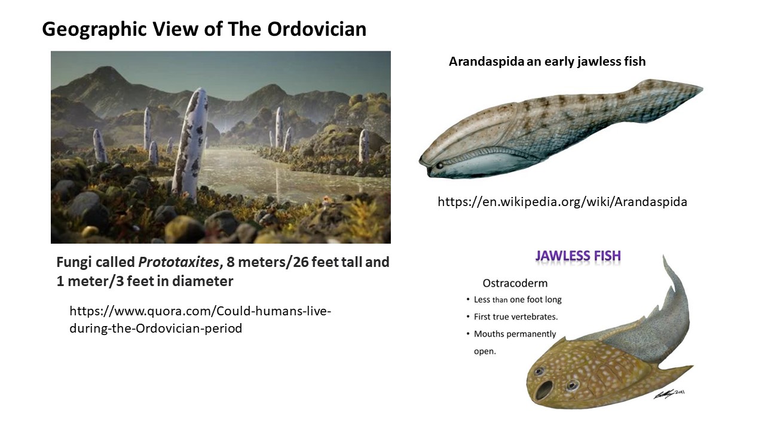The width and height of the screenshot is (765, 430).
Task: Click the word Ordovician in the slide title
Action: (x=317, y=29)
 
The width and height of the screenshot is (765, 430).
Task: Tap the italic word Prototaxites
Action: (x=178, y=262)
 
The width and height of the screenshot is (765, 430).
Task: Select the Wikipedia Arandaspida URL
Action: (x=562, y=202)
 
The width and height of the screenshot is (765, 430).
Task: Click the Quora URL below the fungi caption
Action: (x=200, y=320)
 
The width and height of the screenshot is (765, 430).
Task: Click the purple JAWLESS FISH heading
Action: (x=578, y=256)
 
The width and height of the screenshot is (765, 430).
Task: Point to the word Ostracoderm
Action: (x=515, y=283)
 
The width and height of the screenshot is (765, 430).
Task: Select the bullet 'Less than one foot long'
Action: (x=518, y=300)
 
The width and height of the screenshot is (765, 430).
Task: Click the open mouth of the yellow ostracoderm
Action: (x=544, y=390)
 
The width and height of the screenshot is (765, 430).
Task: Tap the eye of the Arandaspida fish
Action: (x=440, y=165)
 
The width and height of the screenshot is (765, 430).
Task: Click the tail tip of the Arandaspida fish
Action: (x=702, y=90)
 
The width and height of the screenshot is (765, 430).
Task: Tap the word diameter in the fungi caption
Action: (x=203, y=281)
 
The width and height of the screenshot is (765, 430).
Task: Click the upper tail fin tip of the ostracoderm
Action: (x=663, y=257)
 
